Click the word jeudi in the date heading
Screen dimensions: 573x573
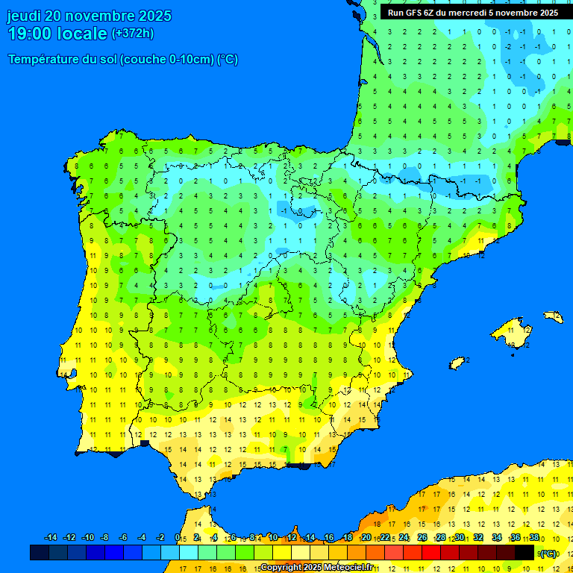23,16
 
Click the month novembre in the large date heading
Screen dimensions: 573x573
101,16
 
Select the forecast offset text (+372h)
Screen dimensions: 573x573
133,34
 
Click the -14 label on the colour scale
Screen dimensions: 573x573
51,538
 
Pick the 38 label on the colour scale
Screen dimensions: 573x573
534,538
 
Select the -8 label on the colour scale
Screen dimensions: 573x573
104,538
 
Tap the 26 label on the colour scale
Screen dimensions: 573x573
422,538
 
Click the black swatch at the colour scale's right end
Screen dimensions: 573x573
525,552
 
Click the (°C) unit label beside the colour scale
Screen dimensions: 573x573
548,553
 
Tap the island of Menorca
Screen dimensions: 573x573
553,316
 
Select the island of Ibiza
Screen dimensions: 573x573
457,363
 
